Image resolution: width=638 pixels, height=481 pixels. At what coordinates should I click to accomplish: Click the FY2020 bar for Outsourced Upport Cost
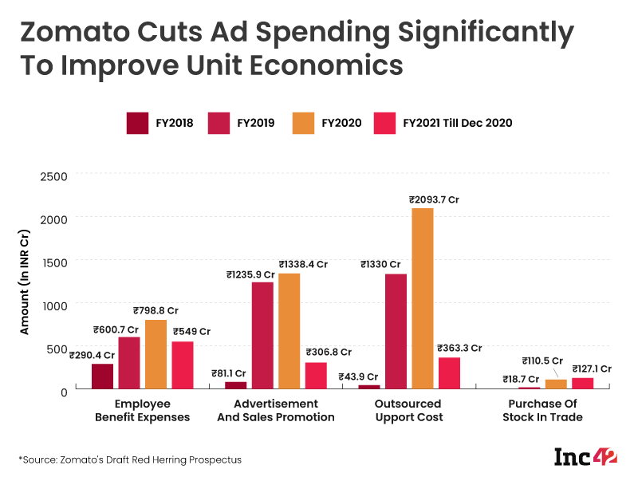tap(423, 298)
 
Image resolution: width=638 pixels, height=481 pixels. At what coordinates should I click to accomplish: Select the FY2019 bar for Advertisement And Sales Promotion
tap(262, 335)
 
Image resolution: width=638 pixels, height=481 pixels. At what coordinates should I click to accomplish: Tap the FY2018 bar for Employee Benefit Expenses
tap(102, 376)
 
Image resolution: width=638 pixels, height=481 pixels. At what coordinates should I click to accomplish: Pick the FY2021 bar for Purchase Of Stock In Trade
tap(582, 383)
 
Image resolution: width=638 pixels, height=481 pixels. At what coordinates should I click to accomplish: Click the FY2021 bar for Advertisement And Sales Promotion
tap(316, 375)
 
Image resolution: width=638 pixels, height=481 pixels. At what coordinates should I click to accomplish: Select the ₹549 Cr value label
tap(191, 331)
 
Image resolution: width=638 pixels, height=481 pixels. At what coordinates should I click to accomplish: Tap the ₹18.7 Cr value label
tap(521, 379)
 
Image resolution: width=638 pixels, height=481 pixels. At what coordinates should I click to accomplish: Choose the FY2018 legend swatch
tap(138, 123)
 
